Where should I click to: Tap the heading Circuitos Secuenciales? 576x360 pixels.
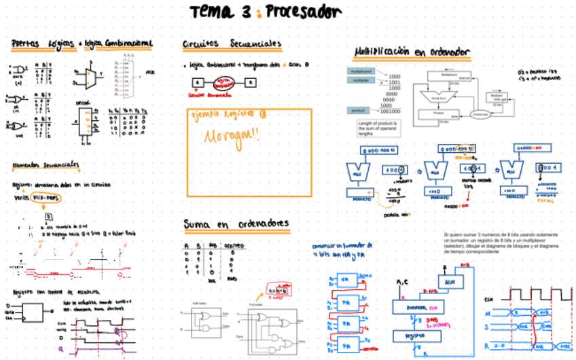231,44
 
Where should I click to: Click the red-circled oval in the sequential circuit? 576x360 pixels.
221,83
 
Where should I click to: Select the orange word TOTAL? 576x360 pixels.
545,201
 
